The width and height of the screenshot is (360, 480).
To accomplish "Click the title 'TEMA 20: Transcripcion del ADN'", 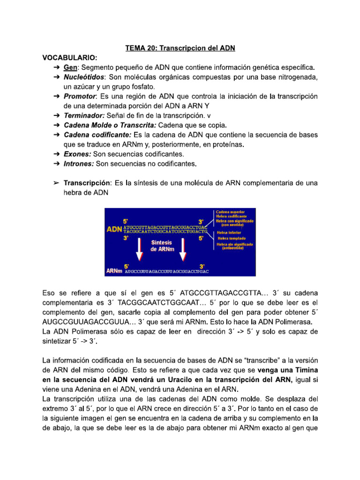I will [x=180, y=48].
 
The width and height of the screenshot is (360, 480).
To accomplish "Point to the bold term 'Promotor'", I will [x=80, y=97].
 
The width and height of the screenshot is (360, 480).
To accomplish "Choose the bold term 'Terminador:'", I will [x=84, y=116].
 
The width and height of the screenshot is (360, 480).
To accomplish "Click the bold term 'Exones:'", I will [x=78, y=154].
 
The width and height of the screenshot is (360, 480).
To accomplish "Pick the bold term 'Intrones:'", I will [x=79, y=164].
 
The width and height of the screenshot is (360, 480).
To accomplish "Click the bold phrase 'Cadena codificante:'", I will [x=97, y=135].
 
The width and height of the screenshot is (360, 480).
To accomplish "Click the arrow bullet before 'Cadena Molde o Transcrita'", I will [x=56, y=126].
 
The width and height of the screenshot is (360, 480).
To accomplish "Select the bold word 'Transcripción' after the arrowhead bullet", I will [x=87, y=183].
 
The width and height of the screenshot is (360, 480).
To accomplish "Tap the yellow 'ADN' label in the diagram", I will [x=114, y=229].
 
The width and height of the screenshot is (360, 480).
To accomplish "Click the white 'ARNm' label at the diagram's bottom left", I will [x=114, y=271].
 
